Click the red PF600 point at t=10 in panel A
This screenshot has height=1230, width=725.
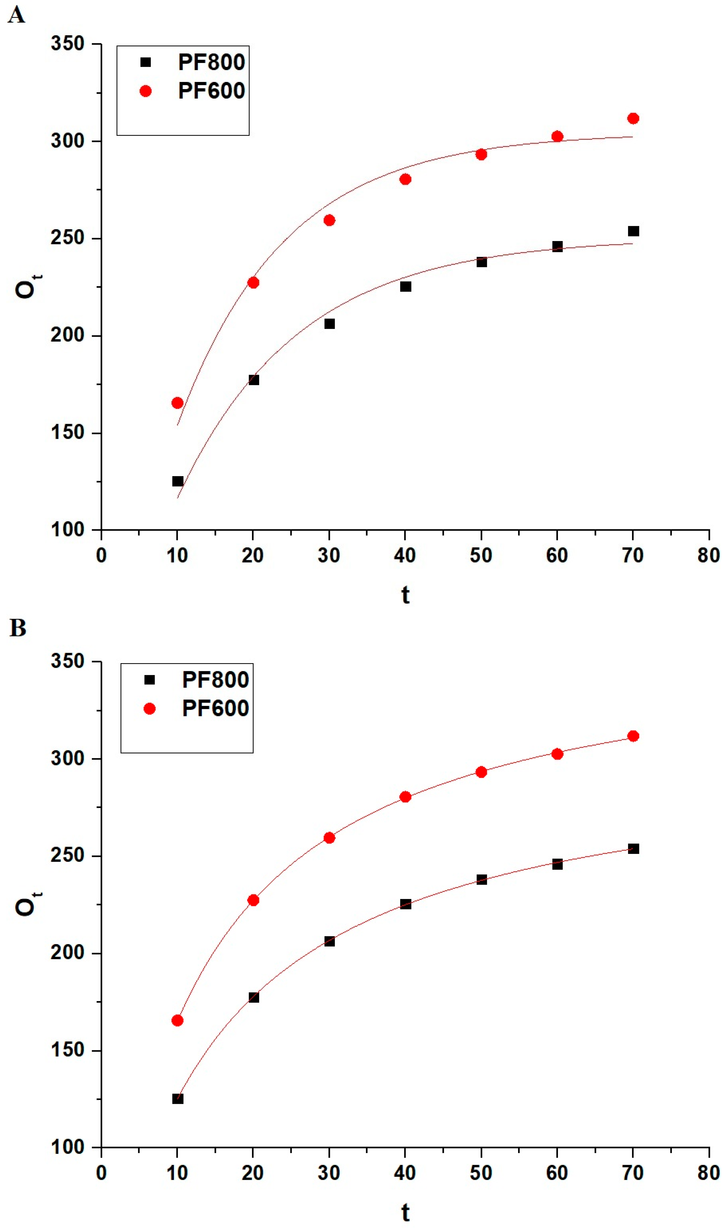(177, 403)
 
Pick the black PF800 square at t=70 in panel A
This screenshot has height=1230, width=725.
(633, 231)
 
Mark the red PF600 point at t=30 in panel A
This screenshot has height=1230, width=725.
(329, 220)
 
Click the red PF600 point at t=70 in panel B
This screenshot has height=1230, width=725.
(633, 736)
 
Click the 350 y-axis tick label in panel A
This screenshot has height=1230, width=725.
(67, 44)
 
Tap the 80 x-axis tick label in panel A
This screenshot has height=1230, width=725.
(709, 555)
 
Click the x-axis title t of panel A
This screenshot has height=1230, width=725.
(405, 595)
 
